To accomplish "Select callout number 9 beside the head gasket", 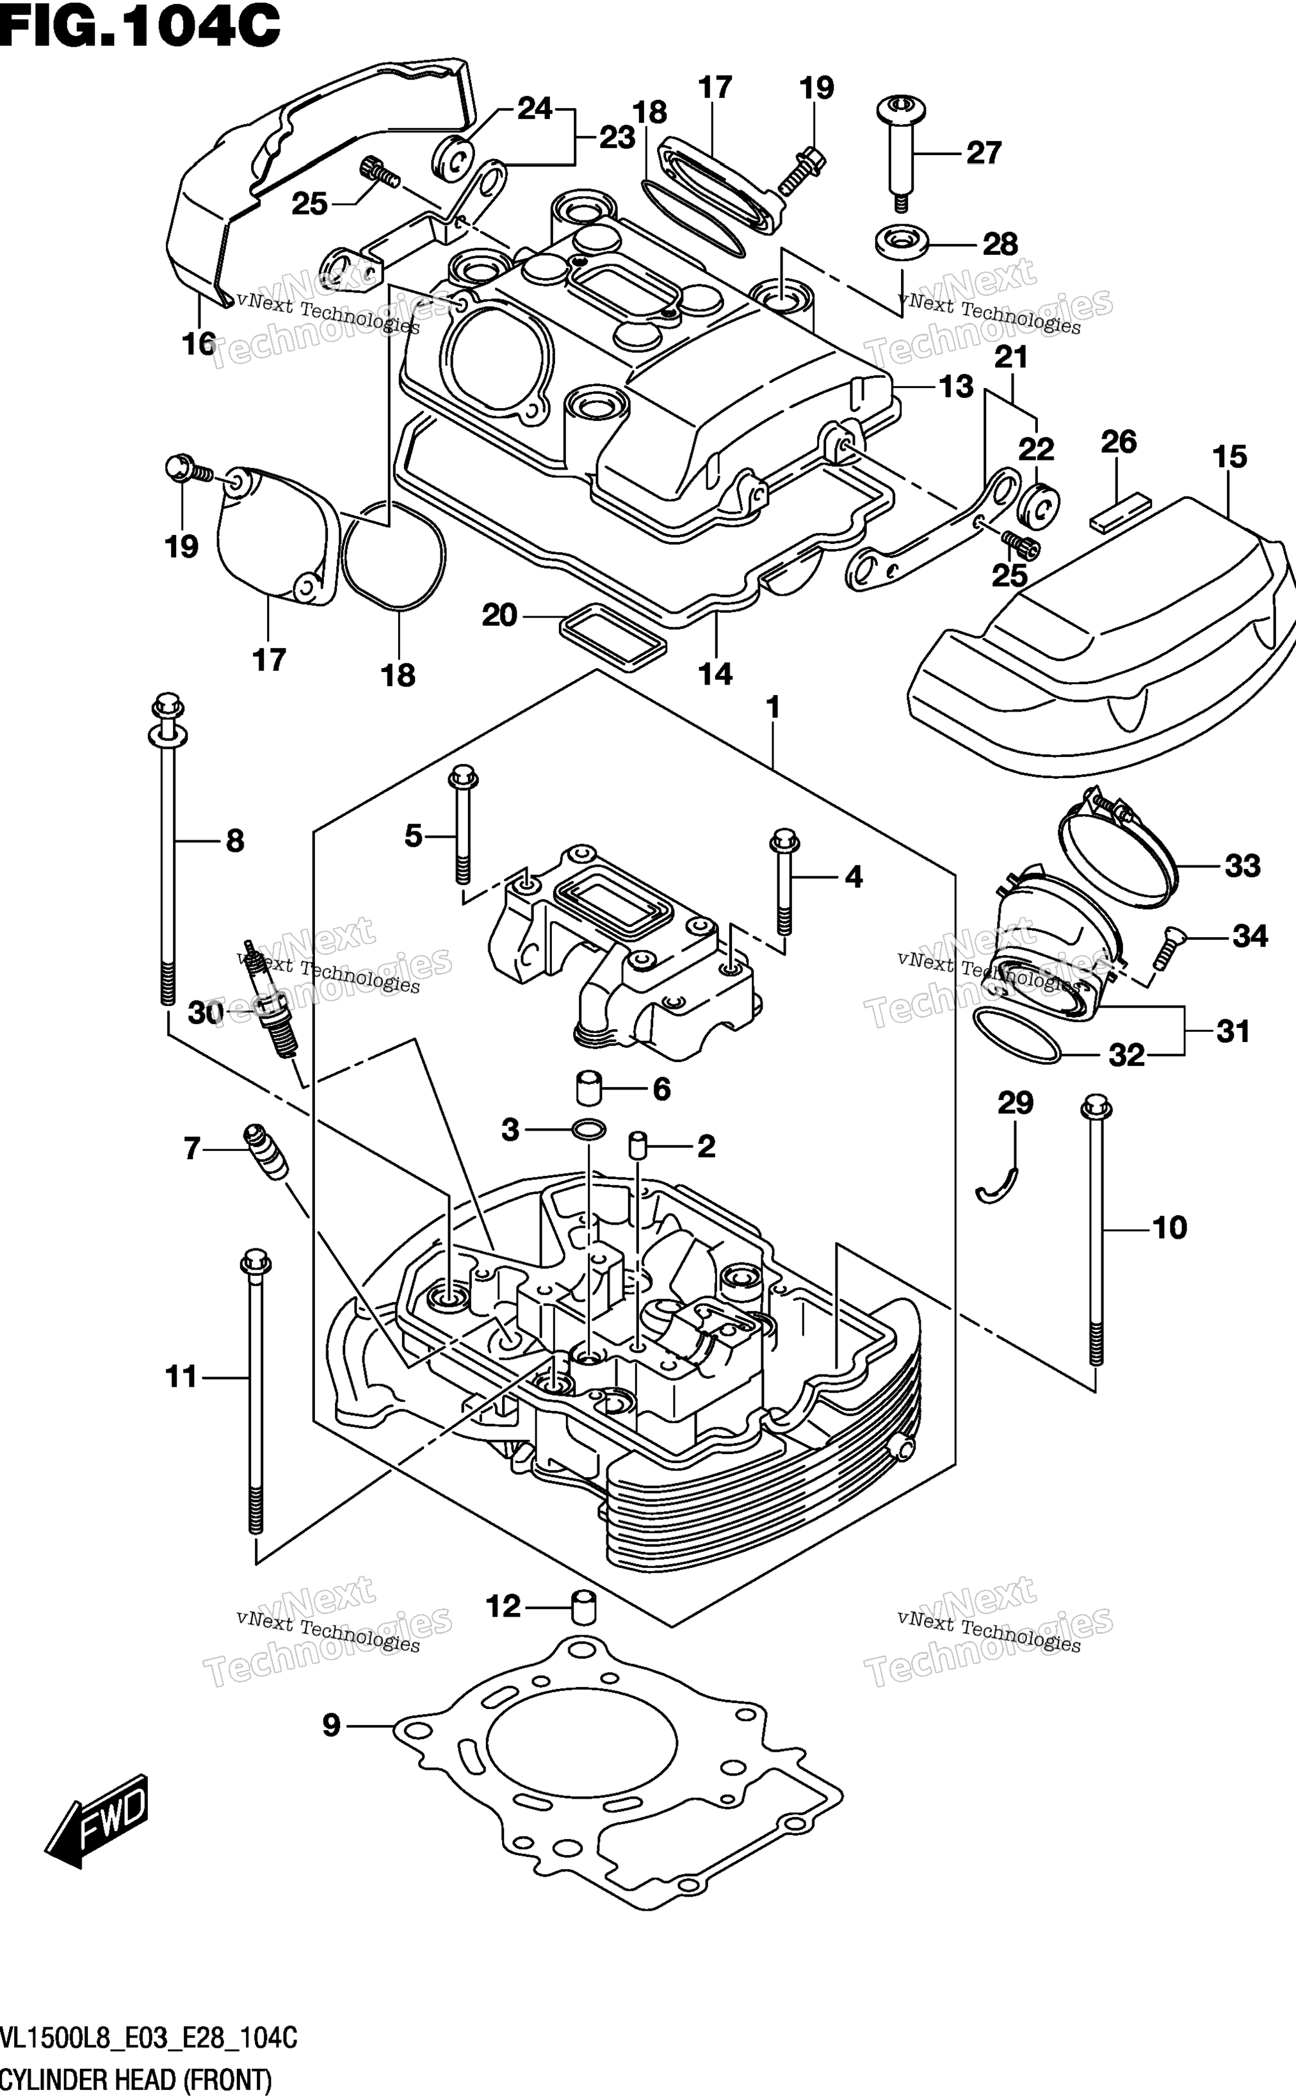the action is coord(331,1724).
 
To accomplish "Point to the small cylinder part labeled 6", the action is coord(590,1088).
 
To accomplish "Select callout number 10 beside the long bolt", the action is coord(1170,1228).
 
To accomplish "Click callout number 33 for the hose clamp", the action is coord(1243,866).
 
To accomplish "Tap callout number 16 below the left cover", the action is coord(199,344).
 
